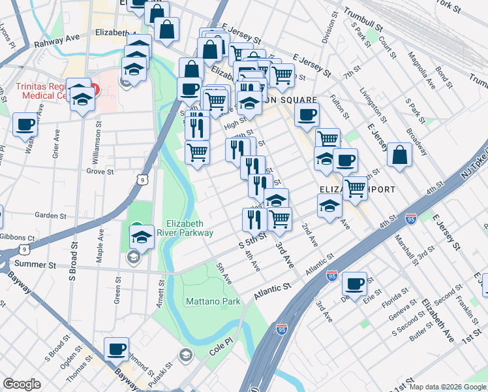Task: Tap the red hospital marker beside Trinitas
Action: coord(96,88)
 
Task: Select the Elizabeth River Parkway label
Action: coord(189,227)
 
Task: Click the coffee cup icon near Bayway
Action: coord(116,349)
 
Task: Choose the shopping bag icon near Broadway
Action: coord(399,155)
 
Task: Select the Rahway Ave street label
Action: coord(57,37)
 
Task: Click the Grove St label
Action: coord(100,172)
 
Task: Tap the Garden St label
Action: coord(51,215)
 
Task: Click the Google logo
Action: coord(22,384)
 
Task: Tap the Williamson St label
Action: coord(97,140)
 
